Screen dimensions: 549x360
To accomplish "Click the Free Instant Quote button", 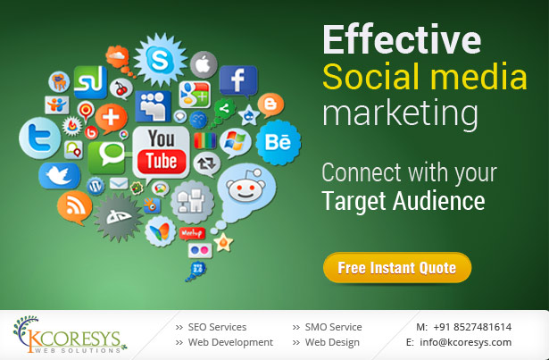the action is click(397, 267).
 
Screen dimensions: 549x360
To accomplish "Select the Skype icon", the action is click(161, 60).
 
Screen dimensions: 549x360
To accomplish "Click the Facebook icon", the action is click(238, 80).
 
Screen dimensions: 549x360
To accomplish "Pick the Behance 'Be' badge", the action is click(279, 142).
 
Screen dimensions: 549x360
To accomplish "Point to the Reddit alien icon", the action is click(246, 192).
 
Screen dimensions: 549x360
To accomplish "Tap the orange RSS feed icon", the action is click(75, 207).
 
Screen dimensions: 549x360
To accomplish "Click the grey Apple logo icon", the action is click(204, 65).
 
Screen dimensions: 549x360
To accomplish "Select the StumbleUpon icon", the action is click(90, 82).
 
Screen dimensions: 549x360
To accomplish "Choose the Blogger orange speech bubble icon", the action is click(270, 105).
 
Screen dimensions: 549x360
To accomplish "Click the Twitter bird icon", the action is click(59, 176).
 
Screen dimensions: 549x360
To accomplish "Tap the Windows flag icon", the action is click(236, 142).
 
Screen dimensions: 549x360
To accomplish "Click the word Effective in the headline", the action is click(402, 39).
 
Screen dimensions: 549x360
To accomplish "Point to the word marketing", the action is click(400, 113).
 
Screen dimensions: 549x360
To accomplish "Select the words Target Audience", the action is click(403, 201).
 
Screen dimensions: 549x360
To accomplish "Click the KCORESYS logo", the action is click(70, 335).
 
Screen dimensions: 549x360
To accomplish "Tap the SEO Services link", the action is click(217, 327).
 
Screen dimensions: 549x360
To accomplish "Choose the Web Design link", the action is click(332, 342).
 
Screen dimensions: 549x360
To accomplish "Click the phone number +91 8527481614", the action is click(472, 327).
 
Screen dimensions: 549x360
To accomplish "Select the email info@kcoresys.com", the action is click(466, 342).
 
